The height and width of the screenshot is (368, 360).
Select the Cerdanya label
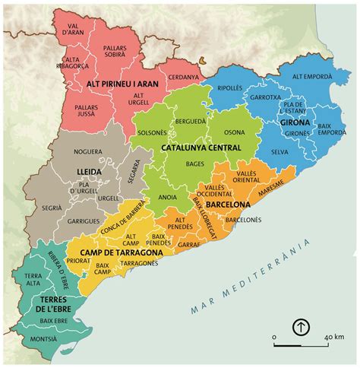tap(183, 77)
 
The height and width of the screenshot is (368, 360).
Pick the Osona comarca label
tap(235, 131)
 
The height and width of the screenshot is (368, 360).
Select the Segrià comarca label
tap(52, 208)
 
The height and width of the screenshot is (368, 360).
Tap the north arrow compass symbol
tap(301, 327)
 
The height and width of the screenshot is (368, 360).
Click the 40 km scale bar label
tap(336, 335)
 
